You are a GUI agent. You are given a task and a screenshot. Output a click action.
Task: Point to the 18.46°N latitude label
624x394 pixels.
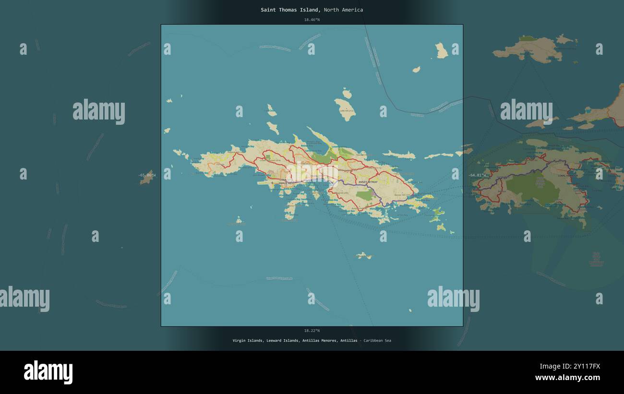[x=312, y=20]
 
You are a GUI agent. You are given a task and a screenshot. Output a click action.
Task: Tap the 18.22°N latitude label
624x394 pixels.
[x=312, y=330]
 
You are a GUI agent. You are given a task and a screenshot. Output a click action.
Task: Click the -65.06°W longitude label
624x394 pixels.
[x=147, y=175]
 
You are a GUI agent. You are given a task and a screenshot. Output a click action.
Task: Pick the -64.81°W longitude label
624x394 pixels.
[x=477, y=175]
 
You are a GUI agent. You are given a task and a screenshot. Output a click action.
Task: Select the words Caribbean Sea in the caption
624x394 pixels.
[x=377, y=340]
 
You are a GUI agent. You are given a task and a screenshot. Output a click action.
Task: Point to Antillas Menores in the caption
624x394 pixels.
[x=319, y=340]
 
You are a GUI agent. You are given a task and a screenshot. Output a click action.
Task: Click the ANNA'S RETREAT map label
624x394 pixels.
[x=367, y=182]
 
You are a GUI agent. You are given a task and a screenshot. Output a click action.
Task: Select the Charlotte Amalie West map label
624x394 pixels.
[x=287, y=182]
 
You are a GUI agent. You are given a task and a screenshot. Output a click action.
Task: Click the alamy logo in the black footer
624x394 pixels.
[x=48, y=373]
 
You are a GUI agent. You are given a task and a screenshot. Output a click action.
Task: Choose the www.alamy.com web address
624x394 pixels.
[x=567, y=378]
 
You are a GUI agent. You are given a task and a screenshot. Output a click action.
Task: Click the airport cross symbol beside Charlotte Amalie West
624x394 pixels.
[x=272, y=183]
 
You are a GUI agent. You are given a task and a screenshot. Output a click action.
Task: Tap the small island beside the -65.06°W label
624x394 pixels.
[x=147, y=178]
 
